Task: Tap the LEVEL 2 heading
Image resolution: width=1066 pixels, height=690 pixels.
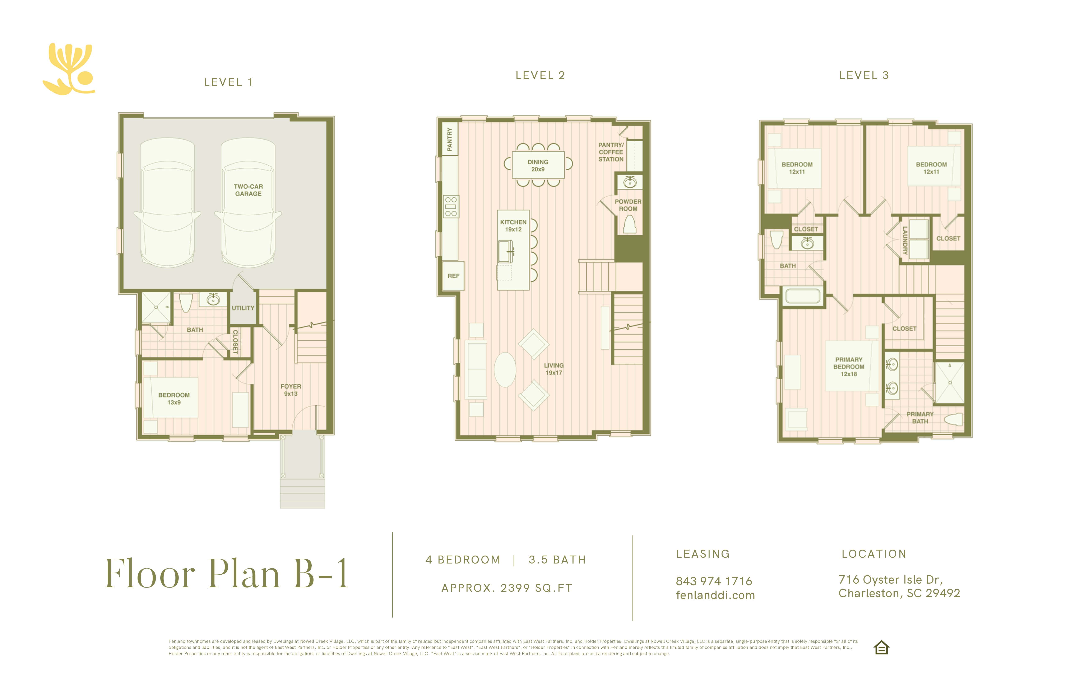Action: pos(540,75)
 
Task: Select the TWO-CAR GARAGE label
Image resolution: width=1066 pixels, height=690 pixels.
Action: pos(248,190)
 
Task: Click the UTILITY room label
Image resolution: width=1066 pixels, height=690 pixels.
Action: pos(243,308)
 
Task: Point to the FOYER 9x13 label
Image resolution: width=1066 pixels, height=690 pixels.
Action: pos(291,390)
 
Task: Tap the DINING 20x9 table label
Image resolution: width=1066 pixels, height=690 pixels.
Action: pos(538,165)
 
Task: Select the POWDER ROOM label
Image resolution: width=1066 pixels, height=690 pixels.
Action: pos(628,205)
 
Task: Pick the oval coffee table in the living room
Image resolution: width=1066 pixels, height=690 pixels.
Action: pos(505,370)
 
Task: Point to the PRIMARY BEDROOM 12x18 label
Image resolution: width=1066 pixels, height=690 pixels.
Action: pos(849,367)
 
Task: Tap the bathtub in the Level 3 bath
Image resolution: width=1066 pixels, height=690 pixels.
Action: pos(803,296)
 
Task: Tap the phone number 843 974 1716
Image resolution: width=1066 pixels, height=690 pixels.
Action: pos(714,581)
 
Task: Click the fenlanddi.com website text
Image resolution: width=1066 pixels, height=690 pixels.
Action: pos(715,595)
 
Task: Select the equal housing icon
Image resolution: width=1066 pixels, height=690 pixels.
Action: pos(881,647)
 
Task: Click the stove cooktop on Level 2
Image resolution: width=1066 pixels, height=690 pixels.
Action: pos(451,207)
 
